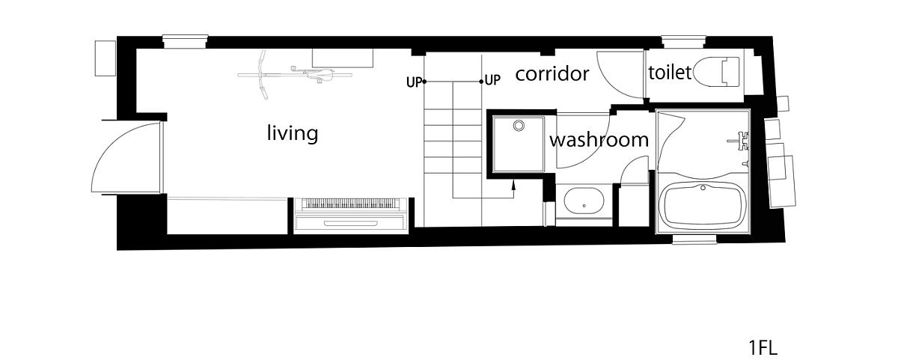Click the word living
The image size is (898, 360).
293,133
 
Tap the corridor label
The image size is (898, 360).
552,74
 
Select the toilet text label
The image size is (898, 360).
670,73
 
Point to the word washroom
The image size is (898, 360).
599,140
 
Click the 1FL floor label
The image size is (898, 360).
763,347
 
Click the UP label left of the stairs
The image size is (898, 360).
414,82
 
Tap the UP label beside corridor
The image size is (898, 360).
492,81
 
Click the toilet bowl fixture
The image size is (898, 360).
716,72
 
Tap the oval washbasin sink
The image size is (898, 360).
584,201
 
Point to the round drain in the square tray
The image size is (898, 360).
519,126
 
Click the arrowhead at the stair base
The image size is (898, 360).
514,184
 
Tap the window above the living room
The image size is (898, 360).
185,42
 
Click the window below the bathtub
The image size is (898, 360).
694,240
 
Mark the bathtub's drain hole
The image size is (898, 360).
703,187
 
